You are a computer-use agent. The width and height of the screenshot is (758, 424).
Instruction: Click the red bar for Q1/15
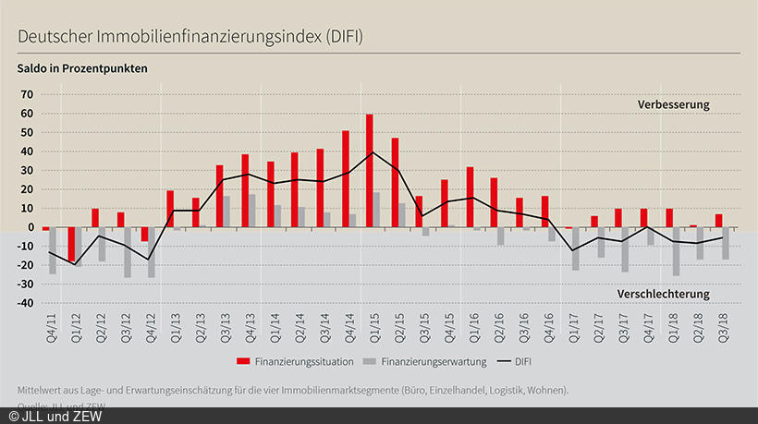[x=370, y=171]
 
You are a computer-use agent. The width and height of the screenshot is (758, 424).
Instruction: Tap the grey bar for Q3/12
[x=128, y=251]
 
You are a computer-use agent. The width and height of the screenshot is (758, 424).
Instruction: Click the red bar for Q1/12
[x=70, y=244]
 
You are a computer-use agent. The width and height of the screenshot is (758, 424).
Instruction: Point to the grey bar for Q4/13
[x=252, y=210]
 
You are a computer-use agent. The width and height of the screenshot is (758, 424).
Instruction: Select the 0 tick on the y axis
[x=29, y=227]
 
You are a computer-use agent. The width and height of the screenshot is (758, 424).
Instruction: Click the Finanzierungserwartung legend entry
[x=432, y=358]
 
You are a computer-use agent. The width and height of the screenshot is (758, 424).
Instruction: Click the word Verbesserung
[x=673, y=104]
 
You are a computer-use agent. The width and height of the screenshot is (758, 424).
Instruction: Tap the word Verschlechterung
[x=663, y=294]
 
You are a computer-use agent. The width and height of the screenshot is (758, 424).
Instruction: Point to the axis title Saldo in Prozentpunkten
[x=82, y=67]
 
